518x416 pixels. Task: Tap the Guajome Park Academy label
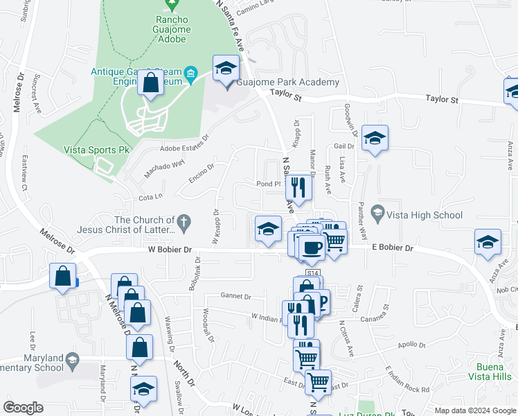[287, 83]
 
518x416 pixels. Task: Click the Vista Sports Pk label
[92, 149]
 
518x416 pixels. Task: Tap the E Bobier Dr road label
[392, 248]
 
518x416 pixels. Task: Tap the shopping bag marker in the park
[150, 84]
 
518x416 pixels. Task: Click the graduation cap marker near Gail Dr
[375, 139]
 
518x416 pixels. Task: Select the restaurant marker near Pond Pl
[298, 187]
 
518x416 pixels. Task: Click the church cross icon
[183, 222]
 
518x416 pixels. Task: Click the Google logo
[24, 407]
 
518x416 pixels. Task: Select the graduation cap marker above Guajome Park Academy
[226, 68]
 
